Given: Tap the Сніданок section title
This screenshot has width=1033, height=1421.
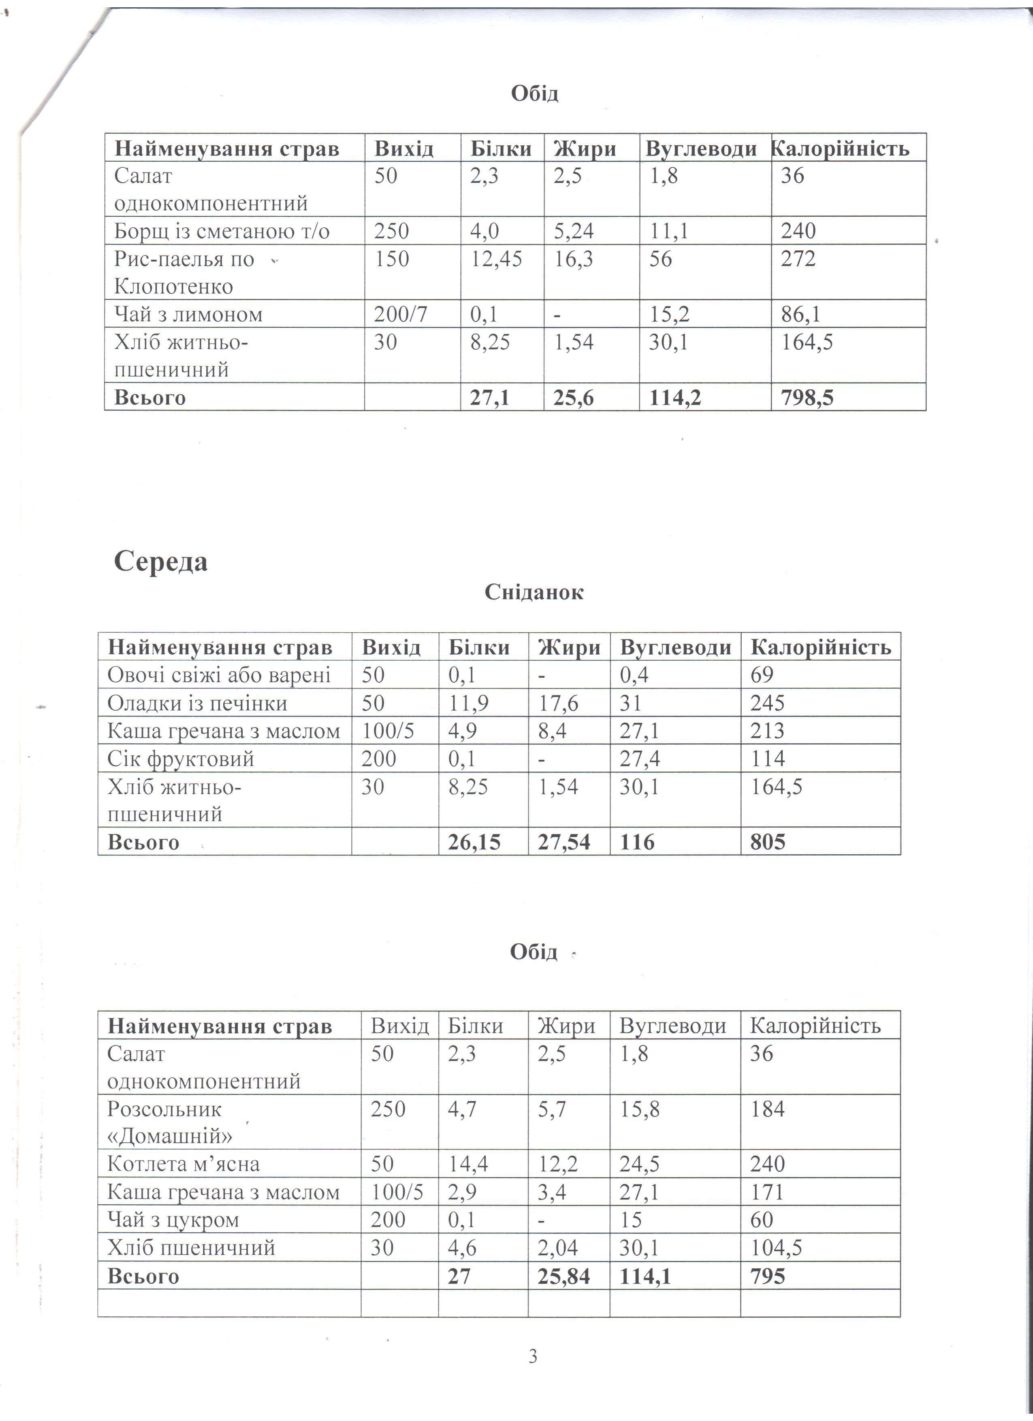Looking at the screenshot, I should pyautogui.click(x=534, y=592).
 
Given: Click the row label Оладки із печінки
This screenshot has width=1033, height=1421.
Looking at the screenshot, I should pyautogui.click(x=197, y=703).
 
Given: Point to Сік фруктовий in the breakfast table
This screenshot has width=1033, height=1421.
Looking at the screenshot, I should pyautogui.click(x=180, y=759).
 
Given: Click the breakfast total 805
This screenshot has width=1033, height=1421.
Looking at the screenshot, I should pyautogui.click(x=767, y=841).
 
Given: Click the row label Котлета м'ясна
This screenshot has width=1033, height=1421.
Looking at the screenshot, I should pyautogui.click(x=183, y=1163).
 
